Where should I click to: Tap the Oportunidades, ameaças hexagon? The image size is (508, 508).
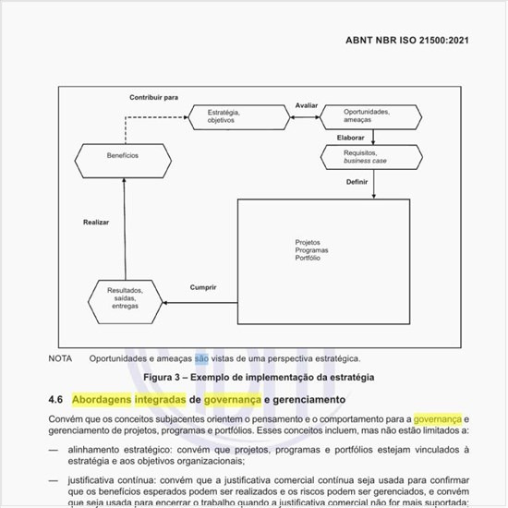pos(369,115)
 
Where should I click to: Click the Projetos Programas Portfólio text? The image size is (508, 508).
pos(308,249)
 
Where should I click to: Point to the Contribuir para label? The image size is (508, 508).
pos(153,97)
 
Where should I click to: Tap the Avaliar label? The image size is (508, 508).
pos(307,106)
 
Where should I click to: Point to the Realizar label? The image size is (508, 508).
pos(97,223)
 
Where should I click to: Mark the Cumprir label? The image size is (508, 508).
pos(203,287)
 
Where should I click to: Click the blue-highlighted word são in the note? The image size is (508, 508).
pos(201,358)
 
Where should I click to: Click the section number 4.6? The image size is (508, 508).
pos(54,400)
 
